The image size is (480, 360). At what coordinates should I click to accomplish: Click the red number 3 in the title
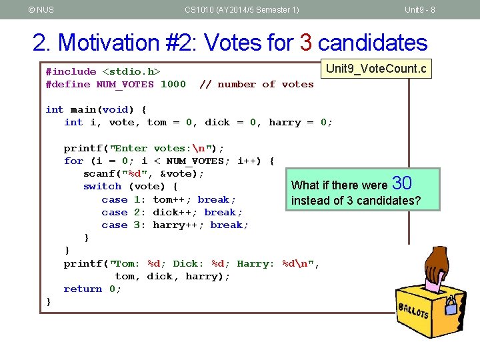(307, 43)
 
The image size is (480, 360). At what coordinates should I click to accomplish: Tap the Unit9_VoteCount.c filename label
(376, 69)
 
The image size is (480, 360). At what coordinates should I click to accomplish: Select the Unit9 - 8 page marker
(420, 9)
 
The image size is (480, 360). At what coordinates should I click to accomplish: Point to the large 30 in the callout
(403, 183)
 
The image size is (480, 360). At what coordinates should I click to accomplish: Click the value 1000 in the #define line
(173, 84)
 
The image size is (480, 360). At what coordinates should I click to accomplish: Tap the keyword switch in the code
(102, 187)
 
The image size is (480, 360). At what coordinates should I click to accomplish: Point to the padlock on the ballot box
(451, 305)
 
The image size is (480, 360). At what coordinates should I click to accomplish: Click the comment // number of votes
(257, 84)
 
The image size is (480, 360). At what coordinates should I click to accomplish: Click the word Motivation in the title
(123, 43)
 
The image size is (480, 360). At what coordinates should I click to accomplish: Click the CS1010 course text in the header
(241, 9)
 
